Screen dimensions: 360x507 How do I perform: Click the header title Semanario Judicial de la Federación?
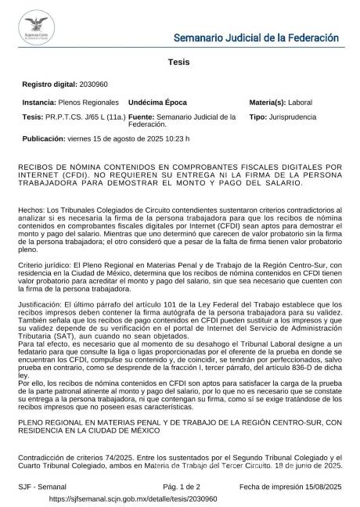tap(255, 38)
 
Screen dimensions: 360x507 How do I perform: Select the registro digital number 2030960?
tap(93, 84)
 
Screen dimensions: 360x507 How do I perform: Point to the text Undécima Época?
tap(157, 102)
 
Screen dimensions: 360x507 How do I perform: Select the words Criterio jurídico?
tap(49, 267)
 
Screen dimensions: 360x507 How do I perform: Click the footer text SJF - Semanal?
tap(42, 486)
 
